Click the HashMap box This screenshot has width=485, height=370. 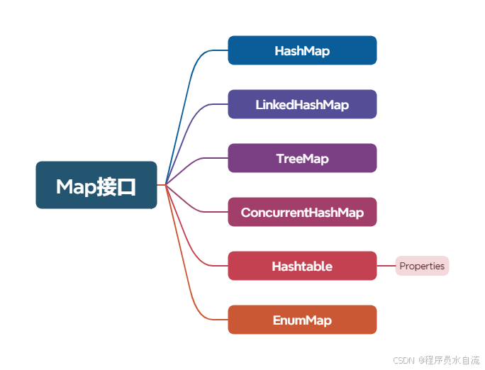click(x=302, y=50)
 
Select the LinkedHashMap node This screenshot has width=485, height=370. click(x=302, y=104)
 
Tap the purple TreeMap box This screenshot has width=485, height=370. click(x=302, y=158)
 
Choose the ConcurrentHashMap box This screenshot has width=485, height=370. click(x=302, y=212)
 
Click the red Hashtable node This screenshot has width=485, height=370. click(x=302, y=266)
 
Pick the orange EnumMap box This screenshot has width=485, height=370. click(x=302, y=320)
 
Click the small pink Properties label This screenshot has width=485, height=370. click(x=422, y=266)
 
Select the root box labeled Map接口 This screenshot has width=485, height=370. click(x=96, y=185)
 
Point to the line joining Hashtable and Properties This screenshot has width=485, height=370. click(x=386, y=266)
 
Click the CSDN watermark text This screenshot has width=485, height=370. click(x=403, y=360)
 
